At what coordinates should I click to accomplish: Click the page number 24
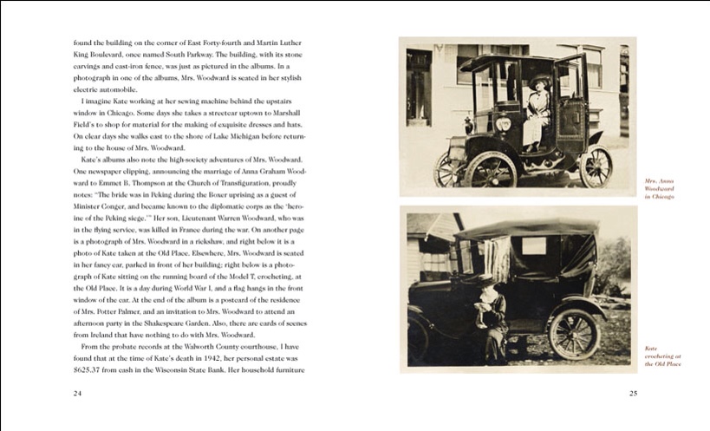[77, 394]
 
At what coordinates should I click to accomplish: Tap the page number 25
[633, 394]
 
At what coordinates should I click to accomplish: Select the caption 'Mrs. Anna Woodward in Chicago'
[661, 189]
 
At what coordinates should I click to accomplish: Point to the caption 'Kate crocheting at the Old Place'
[662, 356]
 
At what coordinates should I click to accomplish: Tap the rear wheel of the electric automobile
[596, 167]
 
